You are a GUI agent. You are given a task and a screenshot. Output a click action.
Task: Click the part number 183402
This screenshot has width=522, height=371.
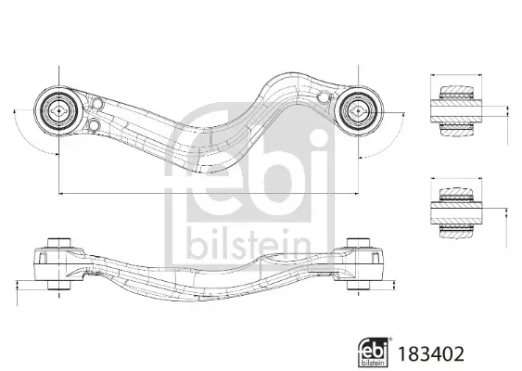point(431,354)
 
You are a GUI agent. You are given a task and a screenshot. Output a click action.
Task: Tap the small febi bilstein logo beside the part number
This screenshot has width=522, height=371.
point(373,352)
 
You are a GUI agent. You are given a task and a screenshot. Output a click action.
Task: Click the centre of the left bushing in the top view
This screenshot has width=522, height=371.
point(58,111)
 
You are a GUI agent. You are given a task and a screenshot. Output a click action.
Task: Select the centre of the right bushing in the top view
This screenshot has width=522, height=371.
point(358,111)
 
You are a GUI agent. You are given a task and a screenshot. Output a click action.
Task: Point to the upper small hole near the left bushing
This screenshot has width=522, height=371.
point(96,104)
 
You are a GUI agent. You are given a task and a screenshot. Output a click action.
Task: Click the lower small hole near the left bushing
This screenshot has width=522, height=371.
point(95,125)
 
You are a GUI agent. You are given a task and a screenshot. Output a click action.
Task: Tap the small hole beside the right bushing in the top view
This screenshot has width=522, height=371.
point(323,97)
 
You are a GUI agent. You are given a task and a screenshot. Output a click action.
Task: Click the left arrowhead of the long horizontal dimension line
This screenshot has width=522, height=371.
point(61,193)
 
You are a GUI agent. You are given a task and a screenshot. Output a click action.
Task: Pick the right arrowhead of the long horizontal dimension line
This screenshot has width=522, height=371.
point(356,193)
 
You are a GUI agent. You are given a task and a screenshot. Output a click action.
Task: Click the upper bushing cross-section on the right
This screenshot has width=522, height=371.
point(456,110)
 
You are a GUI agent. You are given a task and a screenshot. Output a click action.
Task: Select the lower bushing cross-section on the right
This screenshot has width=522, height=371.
point(456,213)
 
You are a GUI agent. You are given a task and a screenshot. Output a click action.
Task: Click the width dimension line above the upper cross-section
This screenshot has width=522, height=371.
point(456,75)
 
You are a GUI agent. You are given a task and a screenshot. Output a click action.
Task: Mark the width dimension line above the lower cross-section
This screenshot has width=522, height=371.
point(456,178)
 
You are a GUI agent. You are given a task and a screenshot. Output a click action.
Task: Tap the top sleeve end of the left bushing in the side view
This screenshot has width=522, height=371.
point(59,243)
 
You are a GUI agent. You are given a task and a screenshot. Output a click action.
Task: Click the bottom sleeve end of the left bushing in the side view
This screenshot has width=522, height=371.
point(59,285)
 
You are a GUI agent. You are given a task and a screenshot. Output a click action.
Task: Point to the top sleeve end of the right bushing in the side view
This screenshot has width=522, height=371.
point(358,243)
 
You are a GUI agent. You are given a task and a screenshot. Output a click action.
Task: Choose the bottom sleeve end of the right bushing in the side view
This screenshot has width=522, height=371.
point(358,285)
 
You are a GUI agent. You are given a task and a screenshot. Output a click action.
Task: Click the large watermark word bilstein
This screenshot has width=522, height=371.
point(248,245)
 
